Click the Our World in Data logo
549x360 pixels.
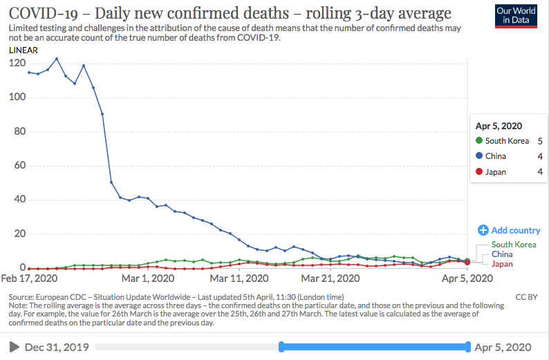[x=517, y=15]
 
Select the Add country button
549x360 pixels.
[x=509, y=230]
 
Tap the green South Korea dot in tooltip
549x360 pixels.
[x=479, y=141]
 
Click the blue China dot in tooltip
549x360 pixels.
[x=479, y=156]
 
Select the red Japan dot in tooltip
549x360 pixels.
[x=479, y=171]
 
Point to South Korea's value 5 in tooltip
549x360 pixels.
[x=539, y=141]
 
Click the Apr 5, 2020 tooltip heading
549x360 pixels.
[x=499, y=126]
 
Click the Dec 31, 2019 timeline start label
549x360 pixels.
[x=57, y=347]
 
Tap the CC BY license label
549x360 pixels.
[x=527, y=297]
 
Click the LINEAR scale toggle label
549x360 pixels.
[x=24, y=50]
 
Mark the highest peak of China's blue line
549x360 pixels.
[x=57, y=59]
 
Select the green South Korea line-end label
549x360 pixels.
[x=514, y=245]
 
